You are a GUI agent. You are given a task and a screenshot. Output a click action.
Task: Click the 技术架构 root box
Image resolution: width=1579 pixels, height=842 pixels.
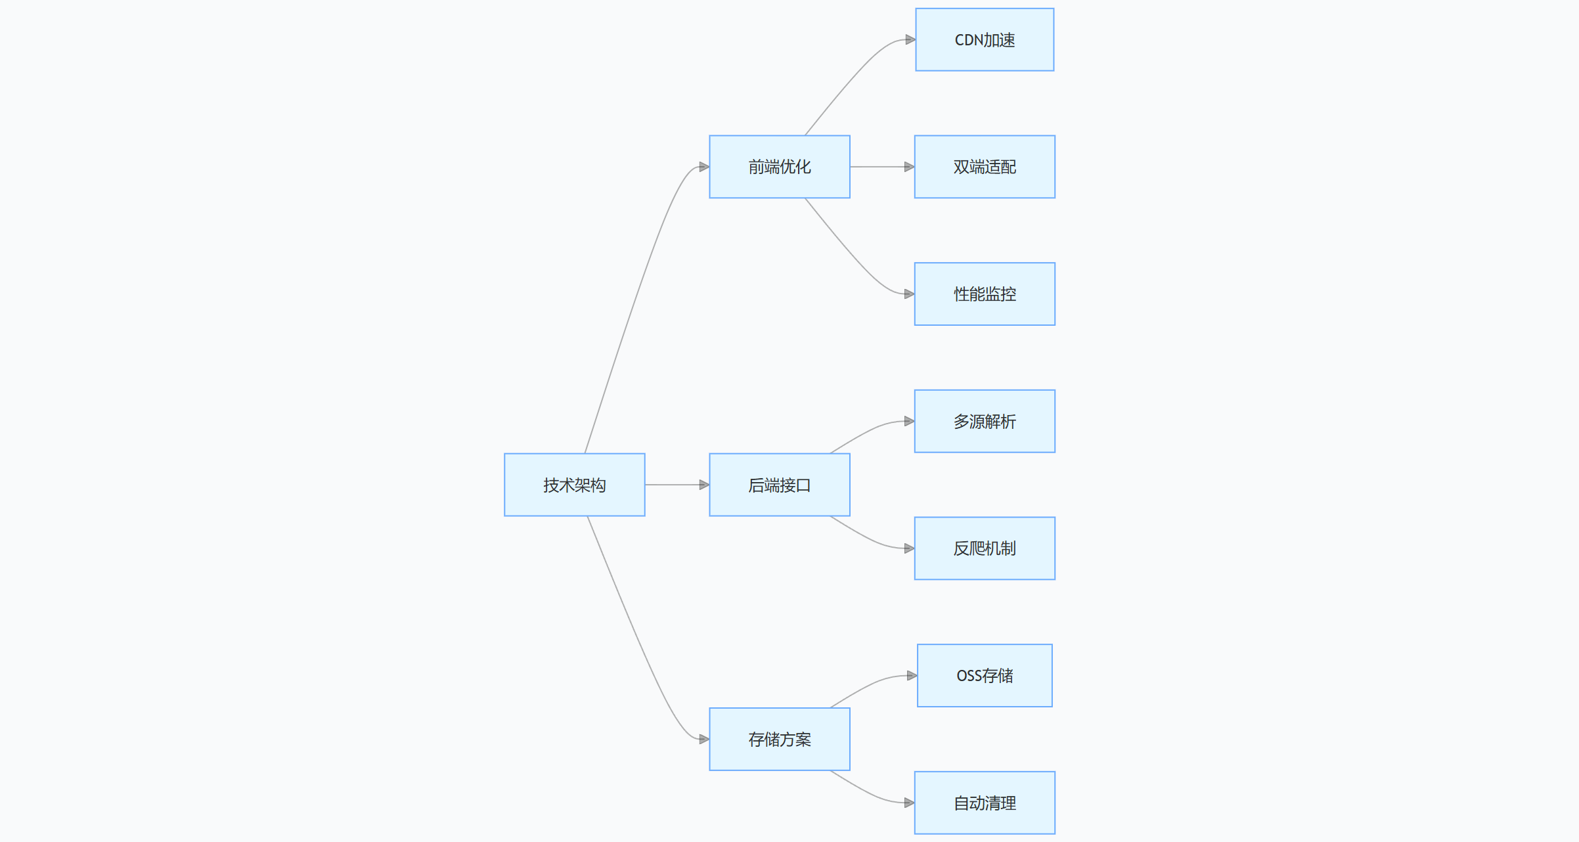(x=574, y=485)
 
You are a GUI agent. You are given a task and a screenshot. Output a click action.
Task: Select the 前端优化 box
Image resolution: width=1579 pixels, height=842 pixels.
(x=779, y=167)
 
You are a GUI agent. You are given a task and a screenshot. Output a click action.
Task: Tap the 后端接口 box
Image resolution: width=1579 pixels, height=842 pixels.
(x=779, y=485)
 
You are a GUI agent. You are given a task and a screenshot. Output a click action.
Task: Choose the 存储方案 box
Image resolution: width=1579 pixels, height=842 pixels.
(x=779, y=739)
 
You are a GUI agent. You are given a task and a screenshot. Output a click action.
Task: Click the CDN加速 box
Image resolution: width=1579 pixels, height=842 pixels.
(x=984, y=39)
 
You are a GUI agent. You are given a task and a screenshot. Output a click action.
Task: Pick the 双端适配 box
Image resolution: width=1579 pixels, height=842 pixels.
(x=984, y=167)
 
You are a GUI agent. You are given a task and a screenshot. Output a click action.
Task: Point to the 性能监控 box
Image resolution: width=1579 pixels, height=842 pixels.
(x=984, y=294)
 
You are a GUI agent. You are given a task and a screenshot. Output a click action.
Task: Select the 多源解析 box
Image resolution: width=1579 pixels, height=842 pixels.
(x=984, y=421)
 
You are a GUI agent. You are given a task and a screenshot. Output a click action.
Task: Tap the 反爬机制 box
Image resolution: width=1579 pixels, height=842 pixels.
(x=984, y=548)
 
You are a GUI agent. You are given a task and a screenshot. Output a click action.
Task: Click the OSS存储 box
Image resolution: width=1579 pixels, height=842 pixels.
(x=984, y=675)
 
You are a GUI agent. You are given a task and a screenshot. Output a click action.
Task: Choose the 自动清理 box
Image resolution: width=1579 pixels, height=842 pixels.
(x=984, y=803)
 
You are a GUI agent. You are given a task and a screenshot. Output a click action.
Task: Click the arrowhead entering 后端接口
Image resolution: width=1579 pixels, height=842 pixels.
(x=704, y=485)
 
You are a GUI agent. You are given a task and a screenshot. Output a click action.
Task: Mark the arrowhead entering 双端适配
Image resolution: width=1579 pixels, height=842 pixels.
(x=909, y=167)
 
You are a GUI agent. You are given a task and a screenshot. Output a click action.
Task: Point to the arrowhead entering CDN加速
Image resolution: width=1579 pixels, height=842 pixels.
(x=910, y=39)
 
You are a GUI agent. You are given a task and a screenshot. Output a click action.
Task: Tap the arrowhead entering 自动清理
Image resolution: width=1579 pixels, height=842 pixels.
(x=909, y=803)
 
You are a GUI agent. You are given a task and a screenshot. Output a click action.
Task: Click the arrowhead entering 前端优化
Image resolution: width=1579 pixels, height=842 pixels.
(x=704, y=167)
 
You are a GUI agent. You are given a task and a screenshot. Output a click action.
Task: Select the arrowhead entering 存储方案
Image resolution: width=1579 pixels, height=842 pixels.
(x=704, y=739)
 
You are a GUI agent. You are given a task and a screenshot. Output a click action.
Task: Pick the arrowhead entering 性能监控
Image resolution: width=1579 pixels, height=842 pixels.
(x=909, y=294)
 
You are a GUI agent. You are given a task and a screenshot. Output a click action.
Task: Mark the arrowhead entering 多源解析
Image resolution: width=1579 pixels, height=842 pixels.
(x=909, y=421)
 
